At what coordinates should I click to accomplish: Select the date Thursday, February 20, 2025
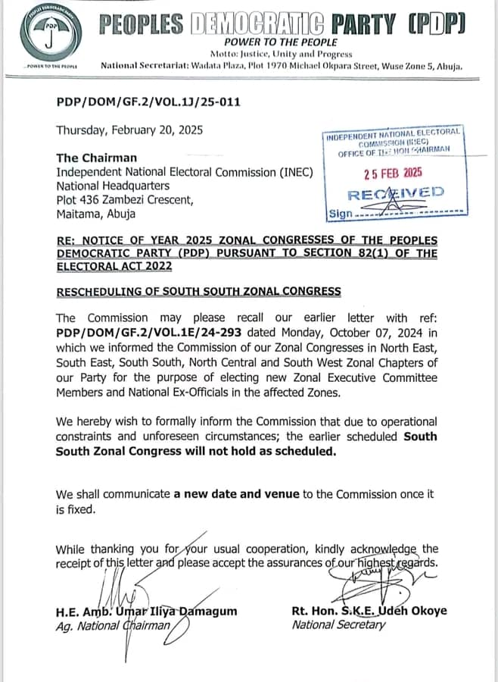click(129, 130)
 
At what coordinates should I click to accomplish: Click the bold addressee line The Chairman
click(97, 158)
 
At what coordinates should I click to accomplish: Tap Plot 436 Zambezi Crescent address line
click(125, 200)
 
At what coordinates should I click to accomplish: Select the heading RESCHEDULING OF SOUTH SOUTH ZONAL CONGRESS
click(198, 291)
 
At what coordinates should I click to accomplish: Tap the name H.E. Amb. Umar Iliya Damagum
click(147, 611)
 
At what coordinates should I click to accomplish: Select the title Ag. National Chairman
click(113, 626)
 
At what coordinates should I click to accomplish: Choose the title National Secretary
click(338, 625)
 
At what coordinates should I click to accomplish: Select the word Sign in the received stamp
click(341, 214)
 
